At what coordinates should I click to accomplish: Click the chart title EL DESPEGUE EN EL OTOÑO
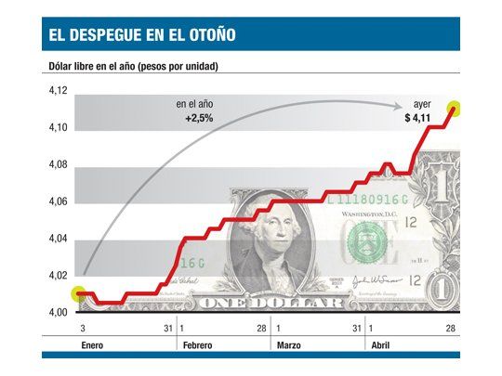click(141, 35)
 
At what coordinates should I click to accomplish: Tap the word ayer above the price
click(423, 105)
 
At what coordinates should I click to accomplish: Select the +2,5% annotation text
click(198, 119)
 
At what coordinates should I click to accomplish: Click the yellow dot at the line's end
click(455, 108)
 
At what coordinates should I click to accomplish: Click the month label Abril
click(381, 345)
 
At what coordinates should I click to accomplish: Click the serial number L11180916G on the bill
click(368, 201)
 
